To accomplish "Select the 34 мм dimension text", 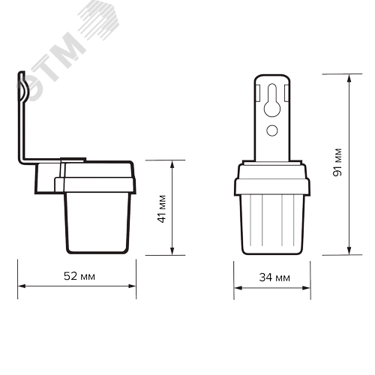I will (x=273, y=277).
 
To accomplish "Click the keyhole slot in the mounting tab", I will (x=273, y=105).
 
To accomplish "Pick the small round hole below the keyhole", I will (x=273, y=131).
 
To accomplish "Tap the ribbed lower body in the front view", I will (x=273, y=225).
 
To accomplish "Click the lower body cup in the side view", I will (x=96, y=221).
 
